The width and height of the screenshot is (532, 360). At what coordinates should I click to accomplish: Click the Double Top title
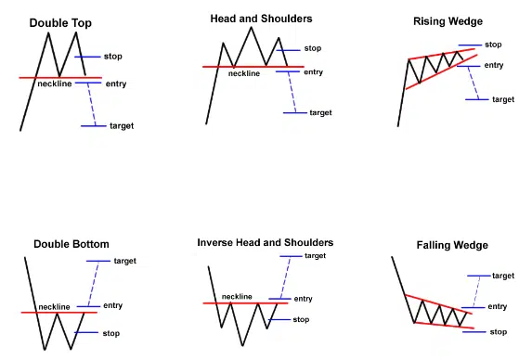coord(60,23)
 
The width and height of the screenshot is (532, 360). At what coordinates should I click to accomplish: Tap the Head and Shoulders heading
coord(261,19)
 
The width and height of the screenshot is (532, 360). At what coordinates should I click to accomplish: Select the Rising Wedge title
coord(448,21)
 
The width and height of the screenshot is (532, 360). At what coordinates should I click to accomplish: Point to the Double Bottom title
coord(71,244)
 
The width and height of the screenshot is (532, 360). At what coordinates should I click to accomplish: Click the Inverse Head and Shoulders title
coord(266,243)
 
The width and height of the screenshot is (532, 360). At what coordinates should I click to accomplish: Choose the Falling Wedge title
coord(452,246)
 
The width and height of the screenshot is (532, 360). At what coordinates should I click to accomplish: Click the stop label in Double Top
coord(113,57)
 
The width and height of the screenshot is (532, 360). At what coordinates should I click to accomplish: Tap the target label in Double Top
coord(122,126)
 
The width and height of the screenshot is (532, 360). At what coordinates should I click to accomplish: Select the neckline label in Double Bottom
coord(54,307)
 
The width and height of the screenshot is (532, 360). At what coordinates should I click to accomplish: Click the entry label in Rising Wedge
coord(494,66)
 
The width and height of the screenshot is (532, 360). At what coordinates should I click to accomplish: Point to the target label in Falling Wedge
coord(503,276)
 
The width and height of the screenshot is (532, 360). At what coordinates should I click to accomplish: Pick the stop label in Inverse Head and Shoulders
coord(301,320)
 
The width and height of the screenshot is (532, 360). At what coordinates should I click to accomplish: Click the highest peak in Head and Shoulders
coord(252,27)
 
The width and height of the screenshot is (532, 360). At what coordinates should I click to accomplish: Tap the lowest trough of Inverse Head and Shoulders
coord(242,345)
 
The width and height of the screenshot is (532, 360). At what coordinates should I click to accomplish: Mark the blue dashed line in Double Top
coord(92,105)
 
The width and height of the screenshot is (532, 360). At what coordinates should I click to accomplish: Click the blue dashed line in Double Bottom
coord(93,284)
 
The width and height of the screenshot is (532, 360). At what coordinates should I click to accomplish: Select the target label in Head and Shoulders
coord(320,113)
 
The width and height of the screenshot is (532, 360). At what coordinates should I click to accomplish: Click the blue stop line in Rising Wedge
coord(470,45)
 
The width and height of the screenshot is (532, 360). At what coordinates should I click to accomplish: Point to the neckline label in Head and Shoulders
coord(244,73)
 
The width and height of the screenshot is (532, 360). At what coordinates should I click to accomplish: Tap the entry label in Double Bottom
coord(112,306)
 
